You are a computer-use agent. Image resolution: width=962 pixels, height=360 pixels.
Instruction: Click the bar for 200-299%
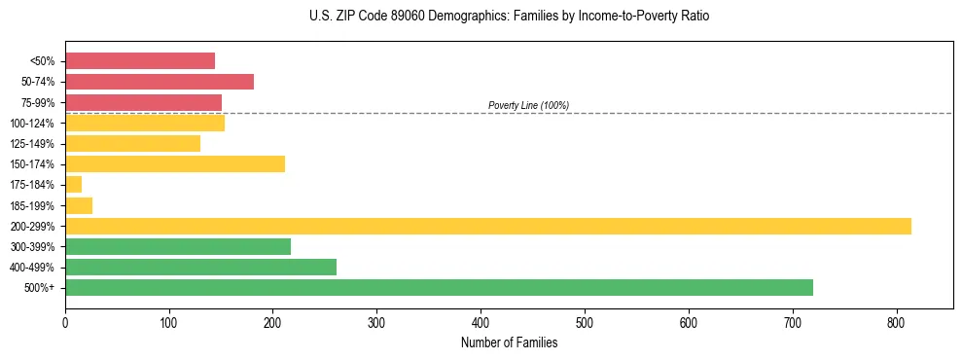coord(487,226)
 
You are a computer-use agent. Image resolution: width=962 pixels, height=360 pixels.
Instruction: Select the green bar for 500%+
coord(439,287)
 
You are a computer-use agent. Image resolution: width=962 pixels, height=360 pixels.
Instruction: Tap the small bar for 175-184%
coord(73,185)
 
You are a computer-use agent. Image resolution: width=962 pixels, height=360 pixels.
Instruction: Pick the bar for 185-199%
coord(79,205)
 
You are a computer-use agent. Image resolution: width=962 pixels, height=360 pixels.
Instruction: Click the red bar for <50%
coord(140,61)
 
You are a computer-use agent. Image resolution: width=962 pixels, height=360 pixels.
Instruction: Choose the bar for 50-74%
coord(160,82)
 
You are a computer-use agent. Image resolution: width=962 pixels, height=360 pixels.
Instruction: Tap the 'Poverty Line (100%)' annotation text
coord(528,105)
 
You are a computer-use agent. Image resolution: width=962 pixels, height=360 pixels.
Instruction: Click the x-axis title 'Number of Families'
coord(509,342)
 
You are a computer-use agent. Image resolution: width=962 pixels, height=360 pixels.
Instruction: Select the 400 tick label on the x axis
coord(481,321)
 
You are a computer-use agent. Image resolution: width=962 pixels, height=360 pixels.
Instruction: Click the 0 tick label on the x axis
coord(65,321)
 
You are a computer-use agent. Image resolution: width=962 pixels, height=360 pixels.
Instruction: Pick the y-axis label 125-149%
coord(32,144)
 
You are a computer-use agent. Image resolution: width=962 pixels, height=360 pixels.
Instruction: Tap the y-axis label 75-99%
coord(36,103)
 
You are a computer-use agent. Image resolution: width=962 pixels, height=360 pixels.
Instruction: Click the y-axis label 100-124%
coord(32,124)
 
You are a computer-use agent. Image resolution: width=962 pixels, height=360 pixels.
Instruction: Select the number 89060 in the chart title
coord(409,17)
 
